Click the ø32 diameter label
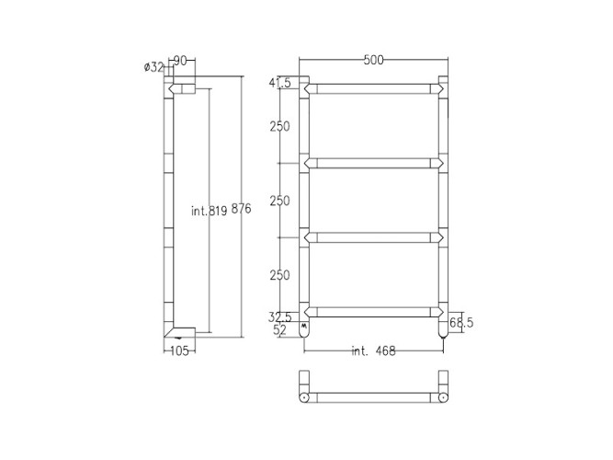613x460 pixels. pos(154,65)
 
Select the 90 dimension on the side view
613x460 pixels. pos(180,61)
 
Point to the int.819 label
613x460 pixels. pos(209,211)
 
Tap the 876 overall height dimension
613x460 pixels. pos(241,210)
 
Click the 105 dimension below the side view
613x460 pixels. pos(179,351)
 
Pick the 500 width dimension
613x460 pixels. pos(373,61)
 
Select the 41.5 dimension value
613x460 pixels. pos(280,84)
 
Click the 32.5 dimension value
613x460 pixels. pos(280,316)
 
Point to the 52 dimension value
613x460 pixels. pos(280,329)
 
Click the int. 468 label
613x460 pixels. pos(375,351)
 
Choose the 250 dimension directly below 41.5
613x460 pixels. pos(280,127)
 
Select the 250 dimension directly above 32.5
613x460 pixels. pos(280,275)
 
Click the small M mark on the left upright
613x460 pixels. pos(304,325)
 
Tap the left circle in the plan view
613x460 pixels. pos(304,397)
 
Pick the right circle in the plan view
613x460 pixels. pos(443,397)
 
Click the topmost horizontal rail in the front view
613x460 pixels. pos(373,89)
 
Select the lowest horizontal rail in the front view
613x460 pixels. pos(373,310)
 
